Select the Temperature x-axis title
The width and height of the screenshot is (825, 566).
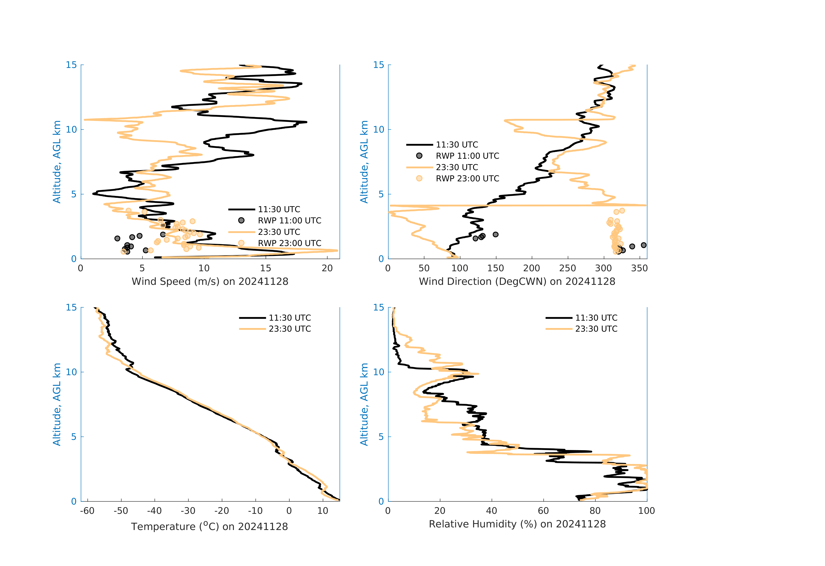(x=209, y=526)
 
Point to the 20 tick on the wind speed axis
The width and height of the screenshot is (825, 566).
(x=327, y=268)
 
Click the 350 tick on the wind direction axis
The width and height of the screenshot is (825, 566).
(x=639, y=268)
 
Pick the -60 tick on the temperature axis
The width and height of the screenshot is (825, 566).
(x=87, y=511)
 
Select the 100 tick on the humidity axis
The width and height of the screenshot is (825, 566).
(x=646, y=511)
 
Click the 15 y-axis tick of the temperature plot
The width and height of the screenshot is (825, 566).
(x=71, y=307)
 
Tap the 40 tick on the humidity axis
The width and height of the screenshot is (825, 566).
(x=491, y=511)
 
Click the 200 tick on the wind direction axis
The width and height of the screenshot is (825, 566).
(x=531, y=268)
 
